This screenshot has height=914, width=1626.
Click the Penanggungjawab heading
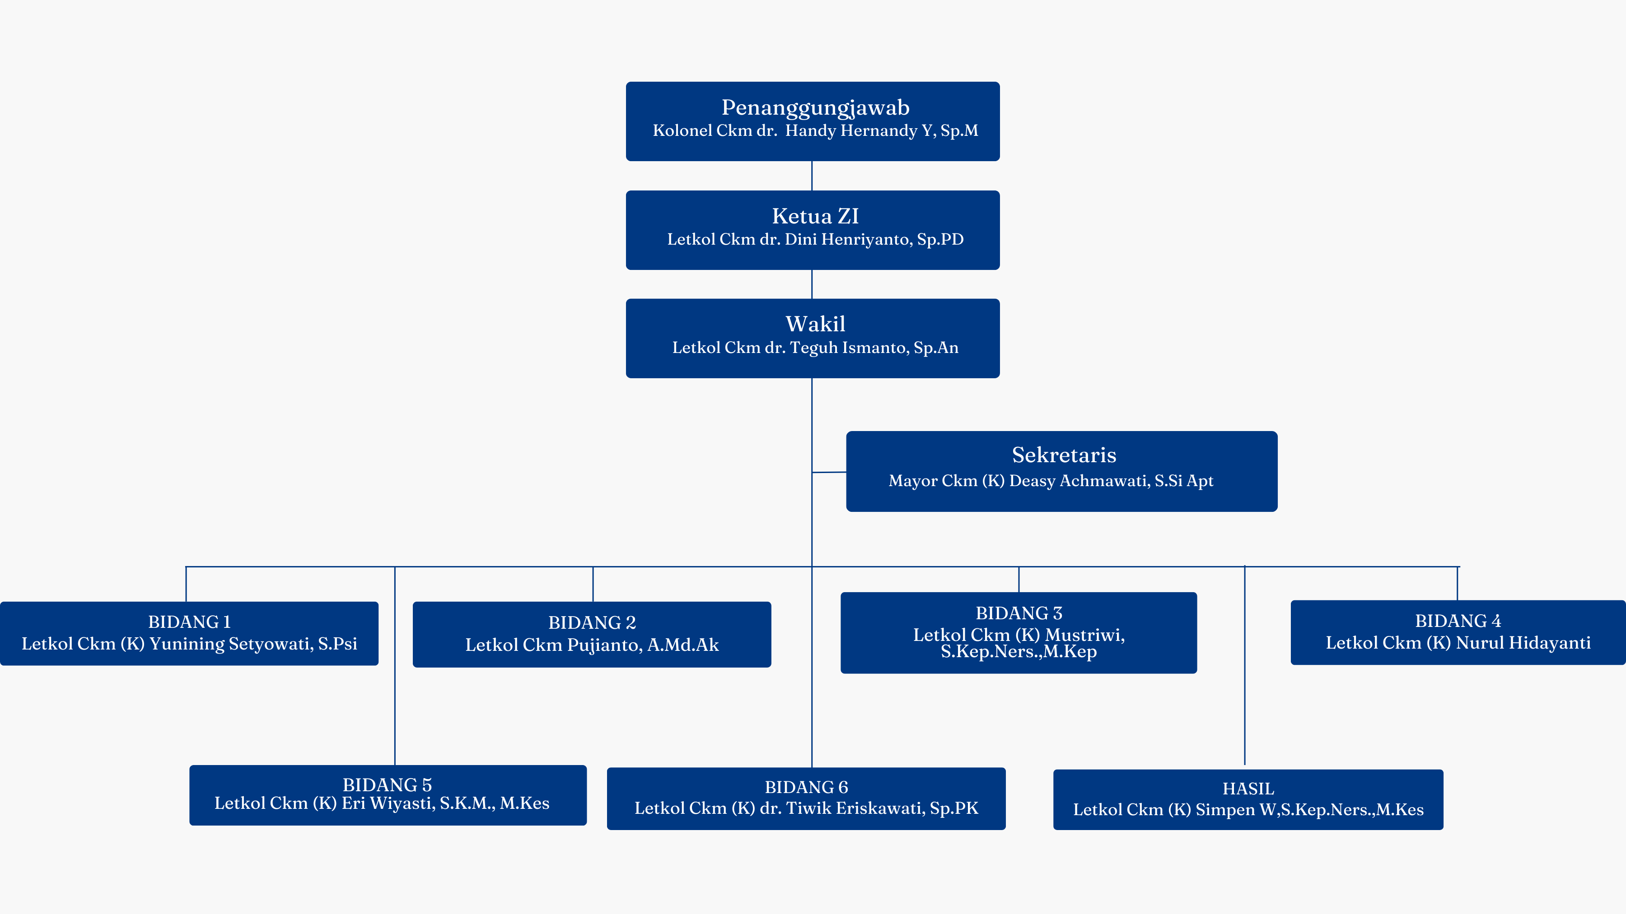pyautogui.click(x=816, y=108)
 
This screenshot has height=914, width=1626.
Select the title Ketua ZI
pyautogui.click(x=816, y=216)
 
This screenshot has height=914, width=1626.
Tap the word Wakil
pyautogui.click(x=816, y=324)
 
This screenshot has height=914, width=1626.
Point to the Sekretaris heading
pyautogui.click(x=1064, y=455)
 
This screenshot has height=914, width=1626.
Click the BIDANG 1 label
pyautogui.click(x=189, y=622)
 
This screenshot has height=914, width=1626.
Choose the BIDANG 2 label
pyautogui.click(x=592, y=622)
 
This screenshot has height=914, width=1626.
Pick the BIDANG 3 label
pyautogui.click(x=1019, y=613)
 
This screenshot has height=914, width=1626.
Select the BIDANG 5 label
pyautogui.click(x=388, y=785)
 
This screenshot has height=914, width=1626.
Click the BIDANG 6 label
pyautogui.click(x=806, y=787)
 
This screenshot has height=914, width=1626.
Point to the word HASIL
pyautogui.click(x=1248, y=789)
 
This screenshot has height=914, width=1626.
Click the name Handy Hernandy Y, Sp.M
pyautogui.click(x=882, y=130)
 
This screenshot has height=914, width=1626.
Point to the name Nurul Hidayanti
pyautogui.click(x=1524, y=643)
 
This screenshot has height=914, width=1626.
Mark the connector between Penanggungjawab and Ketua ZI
pyautogui.click(x=812, y=176)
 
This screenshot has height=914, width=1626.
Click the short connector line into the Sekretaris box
pyautogui.click(x=829, y=472)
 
